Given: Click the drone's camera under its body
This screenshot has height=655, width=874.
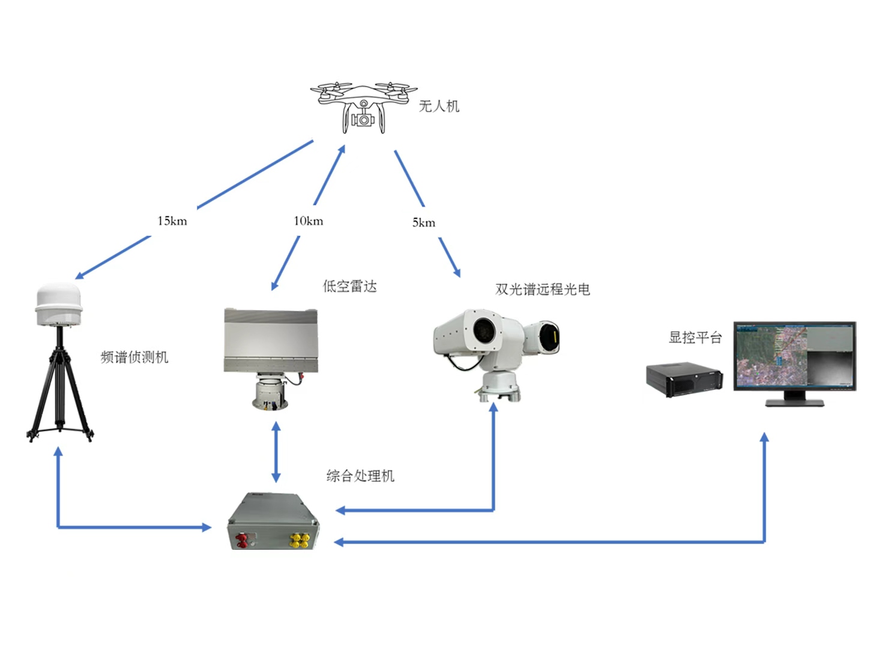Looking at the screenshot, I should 363,120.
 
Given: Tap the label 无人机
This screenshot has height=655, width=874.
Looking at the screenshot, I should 439,106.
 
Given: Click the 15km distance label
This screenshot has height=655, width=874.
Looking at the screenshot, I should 172,221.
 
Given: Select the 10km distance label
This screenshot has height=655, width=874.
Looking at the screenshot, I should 309,221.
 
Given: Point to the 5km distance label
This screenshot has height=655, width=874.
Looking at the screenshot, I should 424,223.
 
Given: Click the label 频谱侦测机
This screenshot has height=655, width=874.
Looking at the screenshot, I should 134,358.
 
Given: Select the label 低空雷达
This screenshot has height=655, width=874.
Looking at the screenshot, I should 350,287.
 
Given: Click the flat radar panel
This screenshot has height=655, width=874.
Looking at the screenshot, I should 271,340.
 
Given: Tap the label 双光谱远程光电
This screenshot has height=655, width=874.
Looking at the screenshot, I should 543,290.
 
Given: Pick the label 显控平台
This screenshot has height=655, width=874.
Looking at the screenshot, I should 695,338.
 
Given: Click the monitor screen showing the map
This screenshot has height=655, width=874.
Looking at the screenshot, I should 794,356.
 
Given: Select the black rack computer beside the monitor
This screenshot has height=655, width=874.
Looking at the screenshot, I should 684,379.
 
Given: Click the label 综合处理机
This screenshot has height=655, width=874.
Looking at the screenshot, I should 360,477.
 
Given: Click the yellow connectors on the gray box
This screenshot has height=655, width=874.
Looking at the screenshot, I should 299,540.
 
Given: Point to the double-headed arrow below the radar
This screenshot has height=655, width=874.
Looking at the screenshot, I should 276,452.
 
